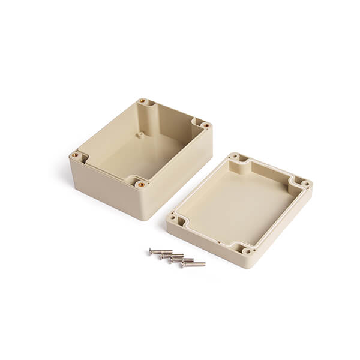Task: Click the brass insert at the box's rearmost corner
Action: click(142, 101)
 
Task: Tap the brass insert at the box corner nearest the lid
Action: click(205, 125)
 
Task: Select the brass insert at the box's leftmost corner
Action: click(75, 154)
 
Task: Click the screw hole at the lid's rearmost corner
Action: click(235, 157)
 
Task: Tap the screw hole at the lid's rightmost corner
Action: click(305, 184)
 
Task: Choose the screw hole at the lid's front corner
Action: click(245, 250)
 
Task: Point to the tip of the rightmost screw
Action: click(205, 264)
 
